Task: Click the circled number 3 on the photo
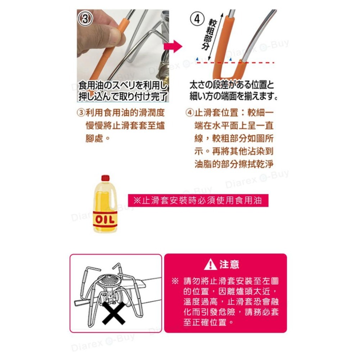click(x=85, y=18)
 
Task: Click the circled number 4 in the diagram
click(x=197, y=19)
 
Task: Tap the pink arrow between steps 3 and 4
click(x=173, y=46)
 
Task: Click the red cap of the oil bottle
click(x=105, y=178)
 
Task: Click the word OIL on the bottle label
click(x=105, y=220)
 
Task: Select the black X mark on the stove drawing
click(x=114, y=313)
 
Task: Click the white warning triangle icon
click(x=210, y=264)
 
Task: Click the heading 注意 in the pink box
click(x=229, y=265)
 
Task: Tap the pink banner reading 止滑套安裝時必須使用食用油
click(x=198, y=201)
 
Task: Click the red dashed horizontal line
click(x=235, y=62)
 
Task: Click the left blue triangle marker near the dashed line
click(x=197, y=59)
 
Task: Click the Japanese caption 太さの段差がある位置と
click(x=232, y=85)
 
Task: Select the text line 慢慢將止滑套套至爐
click(x=125, y=126)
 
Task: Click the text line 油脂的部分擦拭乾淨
click(x=234, y=164)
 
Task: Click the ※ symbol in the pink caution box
click(x=175, y=281)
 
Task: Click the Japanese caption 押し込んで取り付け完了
click(x=123, y=96)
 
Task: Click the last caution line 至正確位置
click(x=208, y=322)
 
